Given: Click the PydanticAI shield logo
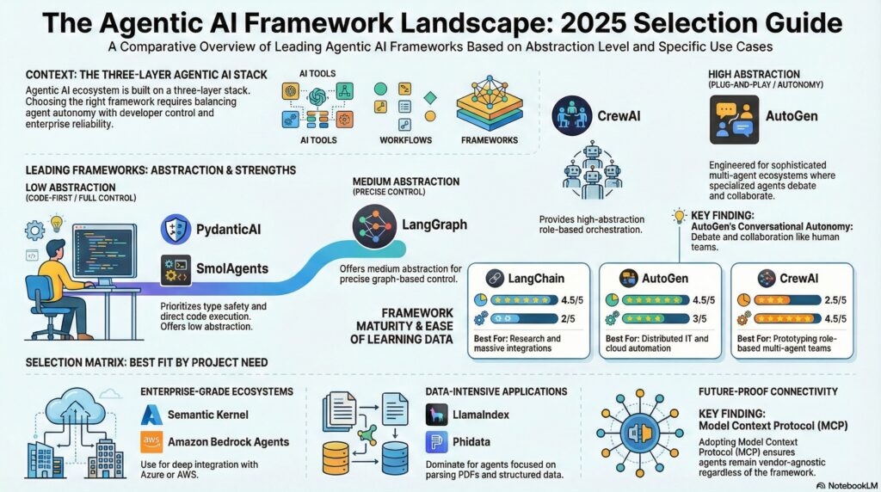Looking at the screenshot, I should click(x=176, y=231).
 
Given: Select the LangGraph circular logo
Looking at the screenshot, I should click(x=373, y=225).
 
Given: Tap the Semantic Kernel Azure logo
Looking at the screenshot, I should click(x=153, y=415).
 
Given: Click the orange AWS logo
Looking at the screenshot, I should click(x=153, y=442).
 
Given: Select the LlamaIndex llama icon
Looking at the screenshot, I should click(x=436, y=415).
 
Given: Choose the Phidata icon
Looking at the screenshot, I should click(x=436, y=442).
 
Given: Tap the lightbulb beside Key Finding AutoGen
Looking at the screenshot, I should click(x=679, y=215).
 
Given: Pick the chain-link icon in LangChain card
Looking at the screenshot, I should click(x=494, y=278).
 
